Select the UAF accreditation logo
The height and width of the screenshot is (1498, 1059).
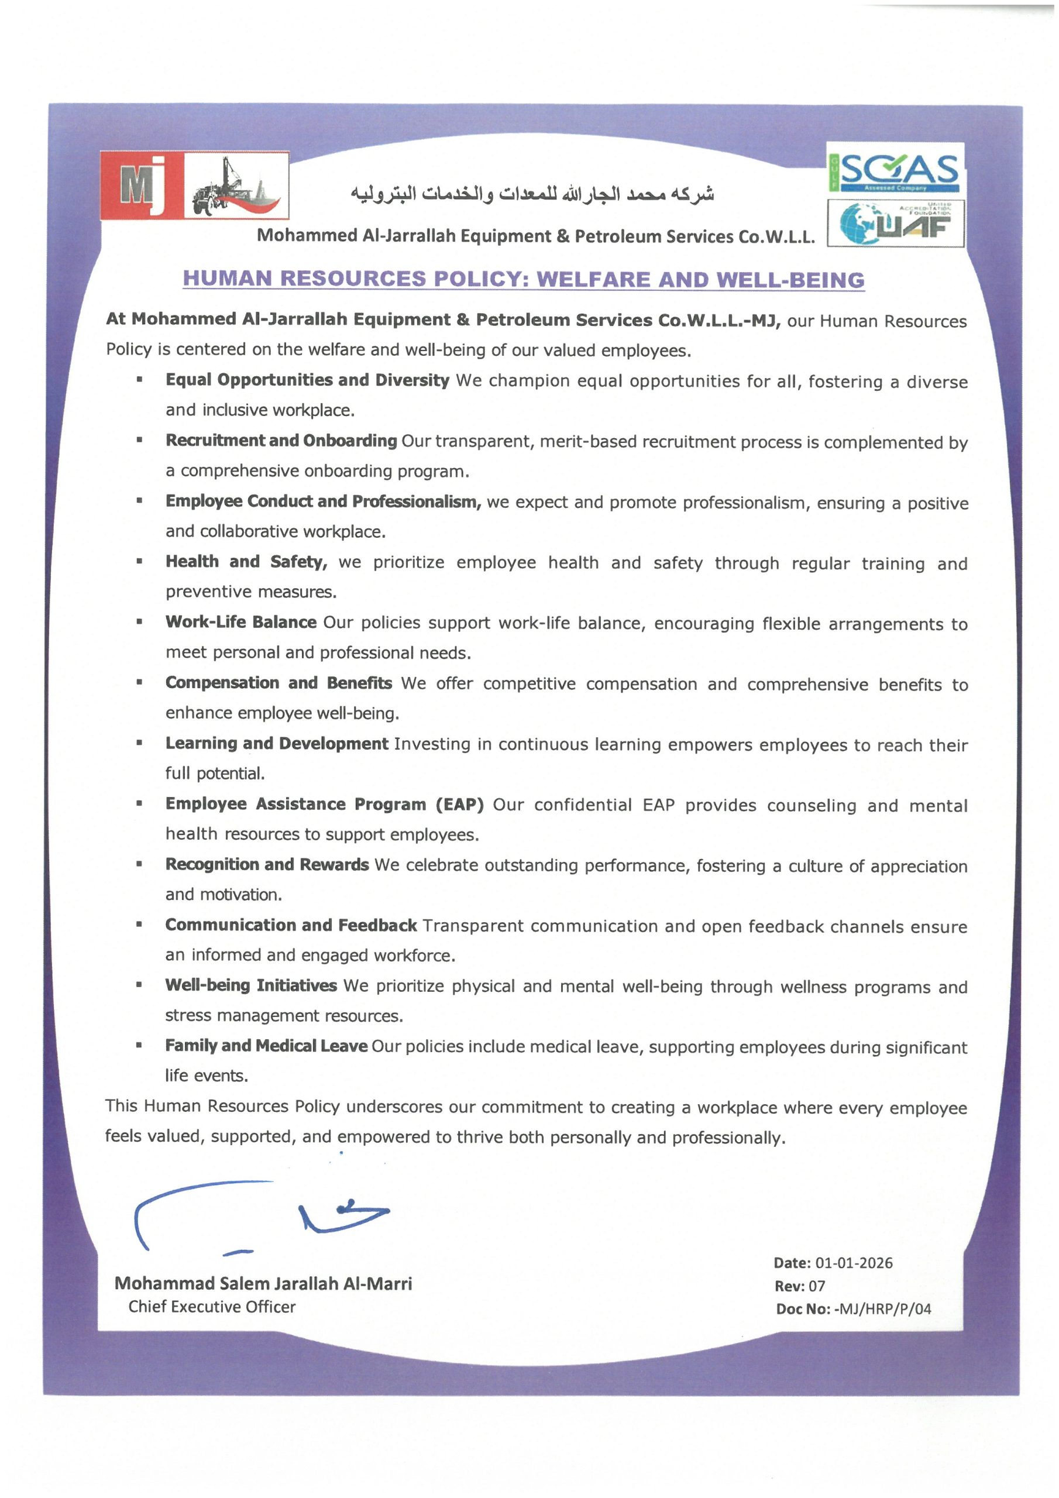[895, 223]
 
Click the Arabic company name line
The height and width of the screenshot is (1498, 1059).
[532, 194]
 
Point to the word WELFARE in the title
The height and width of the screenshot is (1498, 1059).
[593, 279]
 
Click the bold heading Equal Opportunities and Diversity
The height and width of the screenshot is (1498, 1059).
[307, 380]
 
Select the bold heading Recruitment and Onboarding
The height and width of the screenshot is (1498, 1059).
[281, 441]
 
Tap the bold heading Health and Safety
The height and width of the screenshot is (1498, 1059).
[246, 562]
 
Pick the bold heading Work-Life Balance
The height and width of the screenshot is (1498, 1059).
[241, 623]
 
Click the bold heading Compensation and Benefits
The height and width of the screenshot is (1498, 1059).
[278, 683]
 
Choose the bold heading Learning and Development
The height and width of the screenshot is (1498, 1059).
[277, 744]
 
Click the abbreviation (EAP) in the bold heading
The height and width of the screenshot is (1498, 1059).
[459, 805]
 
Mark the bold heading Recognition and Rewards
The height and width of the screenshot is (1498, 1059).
[267, 865]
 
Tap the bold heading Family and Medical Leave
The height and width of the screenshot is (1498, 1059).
[266, 1046]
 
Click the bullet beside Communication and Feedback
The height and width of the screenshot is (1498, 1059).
[139, 925]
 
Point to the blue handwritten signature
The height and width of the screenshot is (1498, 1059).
[261, 1215]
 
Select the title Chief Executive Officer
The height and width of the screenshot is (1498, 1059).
[212, 1307]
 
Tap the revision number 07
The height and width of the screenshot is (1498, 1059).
[817, 1286]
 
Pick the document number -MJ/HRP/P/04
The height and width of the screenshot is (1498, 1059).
[882, 1309]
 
